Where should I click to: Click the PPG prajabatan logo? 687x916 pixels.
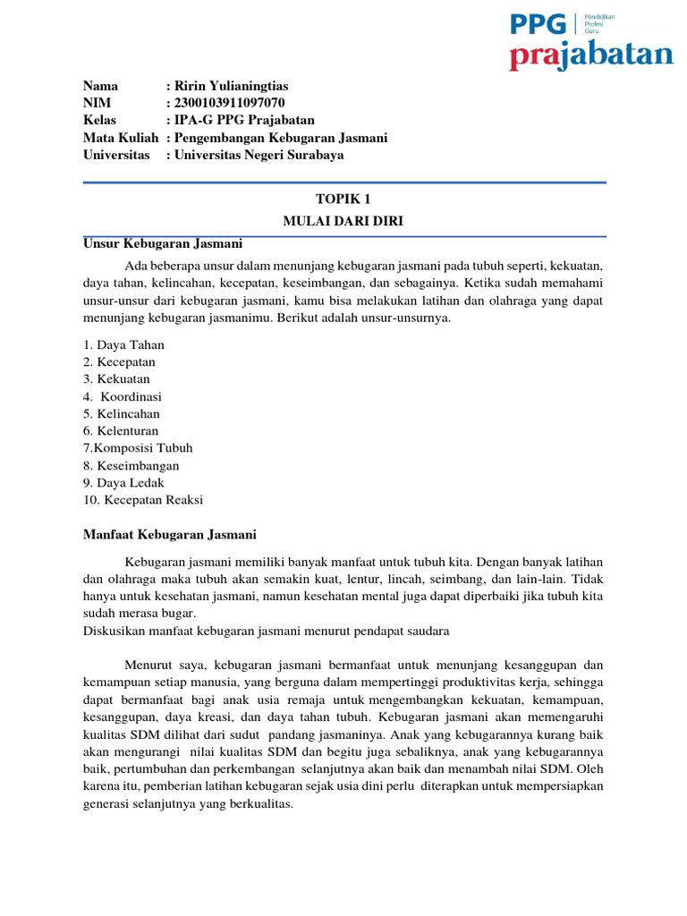[x=591, y=41]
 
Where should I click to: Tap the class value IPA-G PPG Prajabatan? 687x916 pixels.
[x=244, y=120]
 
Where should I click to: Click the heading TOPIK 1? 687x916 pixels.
[x=344, y=202]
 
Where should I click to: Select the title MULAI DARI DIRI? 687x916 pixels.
[x=344, y=221]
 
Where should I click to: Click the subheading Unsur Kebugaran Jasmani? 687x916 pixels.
[x=162, y=243]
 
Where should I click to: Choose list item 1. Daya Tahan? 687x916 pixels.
[x=123, y=344]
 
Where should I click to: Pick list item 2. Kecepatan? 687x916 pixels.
[x=120, y=361]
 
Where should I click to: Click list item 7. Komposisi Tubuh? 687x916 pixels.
[x=138, y=448]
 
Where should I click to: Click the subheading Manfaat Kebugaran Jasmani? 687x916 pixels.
[x=170, y=535]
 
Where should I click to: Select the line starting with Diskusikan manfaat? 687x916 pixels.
[x=266, y=631]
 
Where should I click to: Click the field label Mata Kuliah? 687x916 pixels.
[x=121, y=138]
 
